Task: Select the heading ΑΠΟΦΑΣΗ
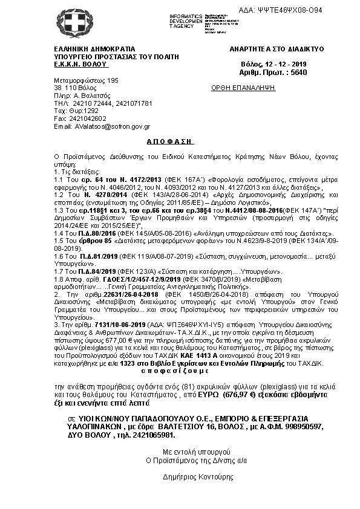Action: click(x=170, y=140)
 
